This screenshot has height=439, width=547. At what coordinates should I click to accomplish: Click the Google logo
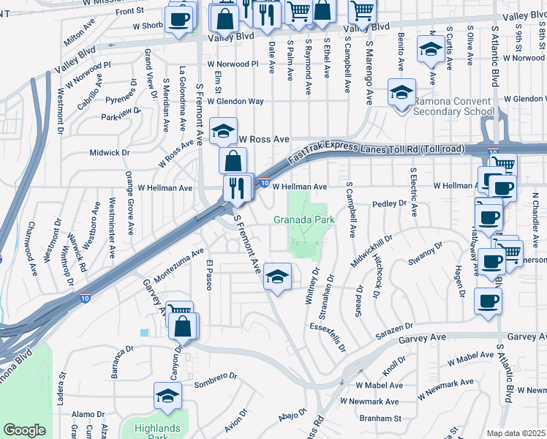point(24,430)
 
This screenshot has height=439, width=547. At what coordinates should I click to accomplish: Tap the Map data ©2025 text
point(516,433)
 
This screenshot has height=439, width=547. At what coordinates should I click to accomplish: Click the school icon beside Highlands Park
point(168,396)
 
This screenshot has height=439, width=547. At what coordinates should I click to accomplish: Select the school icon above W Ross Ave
point(223,131)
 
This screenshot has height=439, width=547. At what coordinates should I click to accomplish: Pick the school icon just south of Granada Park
point(277,277)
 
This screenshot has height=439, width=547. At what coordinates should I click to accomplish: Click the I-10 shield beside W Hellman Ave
point(264,183)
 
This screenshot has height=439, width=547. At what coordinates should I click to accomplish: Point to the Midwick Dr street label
point(109,153)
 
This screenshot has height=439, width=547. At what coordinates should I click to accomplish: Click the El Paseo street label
point(209,275)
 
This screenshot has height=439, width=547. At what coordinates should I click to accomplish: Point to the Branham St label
point(381,418)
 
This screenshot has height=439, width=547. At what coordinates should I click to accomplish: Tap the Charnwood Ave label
point(33,249)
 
